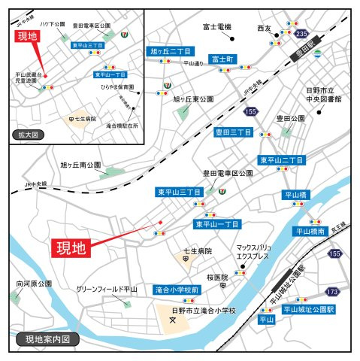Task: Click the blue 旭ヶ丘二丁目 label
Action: pos(170,51)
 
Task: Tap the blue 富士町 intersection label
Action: pos(223,59)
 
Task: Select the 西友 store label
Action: pos(264,28)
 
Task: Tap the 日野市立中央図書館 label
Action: pos(324,94)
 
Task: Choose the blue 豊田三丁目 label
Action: pos(233,132)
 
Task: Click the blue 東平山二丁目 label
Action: pos(282,160)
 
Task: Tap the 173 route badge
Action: pos(333,290)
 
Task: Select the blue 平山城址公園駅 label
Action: pos(307,308)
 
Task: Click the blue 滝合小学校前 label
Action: pos(177,290)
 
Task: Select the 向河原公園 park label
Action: pos(34,284)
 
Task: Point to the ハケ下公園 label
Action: pos(53,25)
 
